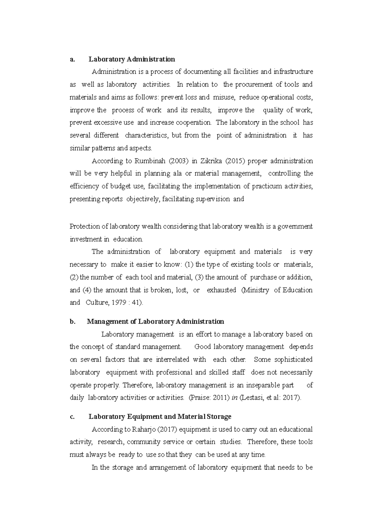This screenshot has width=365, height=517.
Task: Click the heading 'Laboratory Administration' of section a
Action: [x=132, y=59]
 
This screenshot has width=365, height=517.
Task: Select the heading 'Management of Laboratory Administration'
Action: [x=155, y=322]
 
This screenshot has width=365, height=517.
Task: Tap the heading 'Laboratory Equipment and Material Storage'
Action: [x=160, y=417]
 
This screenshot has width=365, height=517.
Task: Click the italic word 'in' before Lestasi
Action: [x=235, y=398]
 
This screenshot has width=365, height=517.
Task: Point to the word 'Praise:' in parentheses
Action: [x=200, y=398]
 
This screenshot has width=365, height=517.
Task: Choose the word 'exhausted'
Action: [x=221, y=290]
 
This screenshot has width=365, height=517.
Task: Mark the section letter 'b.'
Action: [x=72, y=322]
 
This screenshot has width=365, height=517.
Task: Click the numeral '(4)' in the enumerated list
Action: [x=87, y=290]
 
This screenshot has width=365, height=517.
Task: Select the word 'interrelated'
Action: [x=172, y=360]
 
